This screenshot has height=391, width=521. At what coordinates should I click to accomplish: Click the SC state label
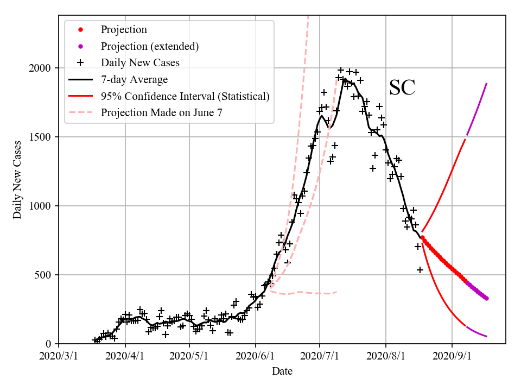click(x=402, y=88)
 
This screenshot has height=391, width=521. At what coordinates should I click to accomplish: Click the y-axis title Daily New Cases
click(x=18, y=180)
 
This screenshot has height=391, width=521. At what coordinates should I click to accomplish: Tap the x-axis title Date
click(x=282, y=371)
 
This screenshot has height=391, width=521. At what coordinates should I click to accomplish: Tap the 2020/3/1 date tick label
click(x=59, y=356)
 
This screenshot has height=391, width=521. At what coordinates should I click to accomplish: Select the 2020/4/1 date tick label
click(x=125, y=356)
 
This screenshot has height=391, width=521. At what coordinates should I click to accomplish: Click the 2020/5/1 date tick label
click(x=189, y=356)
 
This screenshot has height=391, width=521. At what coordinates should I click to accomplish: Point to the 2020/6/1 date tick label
click(x=256, y=356)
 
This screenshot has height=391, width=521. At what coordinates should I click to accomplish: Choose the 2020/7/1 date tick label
click(x=320, y=356)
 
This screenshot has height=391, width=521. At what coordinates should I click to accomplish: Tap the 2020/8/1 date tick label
click(x=386, y=356)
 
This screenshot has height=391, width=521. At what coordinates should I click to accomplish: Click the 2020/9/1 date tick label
click(x=452, y=356)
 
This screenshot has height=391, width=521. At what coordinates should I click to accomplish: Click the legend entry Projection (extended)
click(x=149, y=47)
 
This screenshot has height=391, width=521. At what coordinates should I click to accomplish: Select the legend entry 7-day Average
click(x=134, y=80)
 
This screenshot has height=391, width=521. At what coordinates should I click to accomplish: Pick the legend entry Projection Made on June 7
click(x=161, y=113)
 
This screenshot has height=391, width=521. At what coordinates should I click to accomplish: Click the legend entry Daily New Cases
click(x=140, y=63)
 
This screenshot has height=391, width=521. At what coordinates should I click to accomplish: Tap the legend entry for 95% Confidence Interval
click(x=185, y=97)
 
